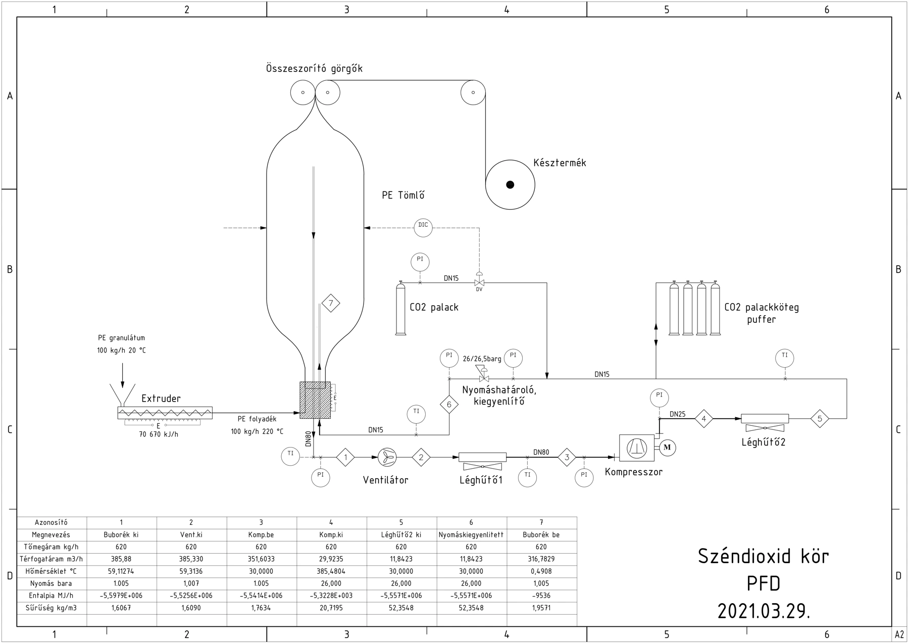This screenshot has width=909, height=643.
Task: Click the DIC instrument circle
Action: pos(423,228)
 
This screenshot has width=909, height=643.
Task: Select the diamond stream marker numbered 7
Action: pos(331,303)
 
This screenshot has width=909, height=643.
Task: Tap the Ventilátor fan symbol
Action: pos(387,458)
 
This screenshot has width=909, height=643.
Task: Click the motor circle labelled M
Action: pos(667,448)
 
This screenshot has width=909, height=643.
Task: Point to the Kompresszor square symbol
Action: pos(637,448)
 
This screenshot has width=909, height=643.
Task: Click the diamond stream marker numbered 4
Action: pos(704,419)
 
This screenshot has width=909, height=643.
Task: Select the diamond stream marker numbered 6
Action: pos(449,404)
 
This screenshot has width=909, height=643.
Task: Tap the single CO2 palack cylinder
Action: pos(400,308)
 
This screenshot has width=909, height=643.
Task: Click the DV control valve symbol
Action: pos(479,281)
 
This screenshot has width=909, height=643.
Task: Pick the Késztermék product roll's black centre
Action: pos(510,185)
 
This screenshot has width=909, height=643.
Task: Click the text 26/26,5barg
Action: pos(482,359)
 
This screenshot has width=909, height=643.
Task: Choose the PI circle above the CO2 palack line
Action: pos(420,262)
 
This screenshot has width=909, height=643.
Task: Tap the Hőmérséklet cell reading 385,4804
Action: pos(331,571)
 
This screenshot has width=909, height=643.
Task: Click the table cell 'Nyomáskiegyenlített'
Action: pos(471,534)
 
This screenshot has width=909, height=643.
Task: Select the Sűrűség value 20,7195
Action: pos(331,608)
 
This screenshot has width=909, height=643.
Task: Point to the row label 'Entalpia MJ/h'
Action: pos(51,596)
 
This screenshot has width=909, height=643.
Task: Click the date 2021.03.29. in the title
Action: pos(763,611)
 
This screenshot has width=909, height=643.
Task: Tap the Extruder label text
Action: pos(161,399)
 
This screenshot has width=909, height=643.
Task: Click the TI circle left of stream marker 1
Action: pos(290,457)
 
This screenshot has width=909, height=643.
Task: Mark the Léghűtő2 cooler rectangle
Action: pos(765,419)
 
